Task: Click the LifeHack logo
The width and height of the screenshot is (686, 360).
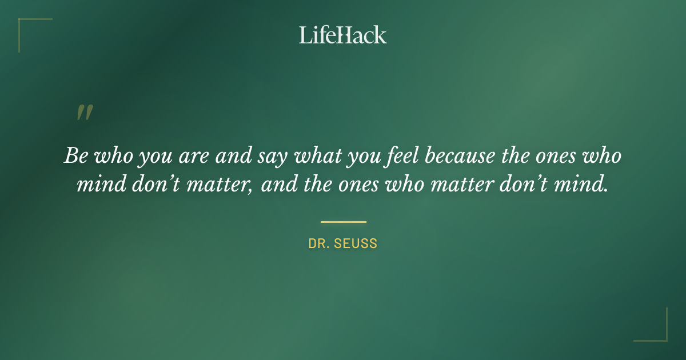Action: pos(342,35)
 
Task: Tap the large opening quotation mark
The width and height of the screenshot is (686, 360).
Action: pos(85,113)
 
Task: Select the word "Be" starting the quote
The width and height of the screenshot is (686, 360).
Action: pos(75,156)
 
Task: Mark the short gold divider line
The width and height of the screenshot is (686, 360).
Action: pos(343,222)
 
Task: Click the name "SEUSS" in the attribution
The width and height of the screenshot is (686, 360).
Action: pos(357,244)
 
